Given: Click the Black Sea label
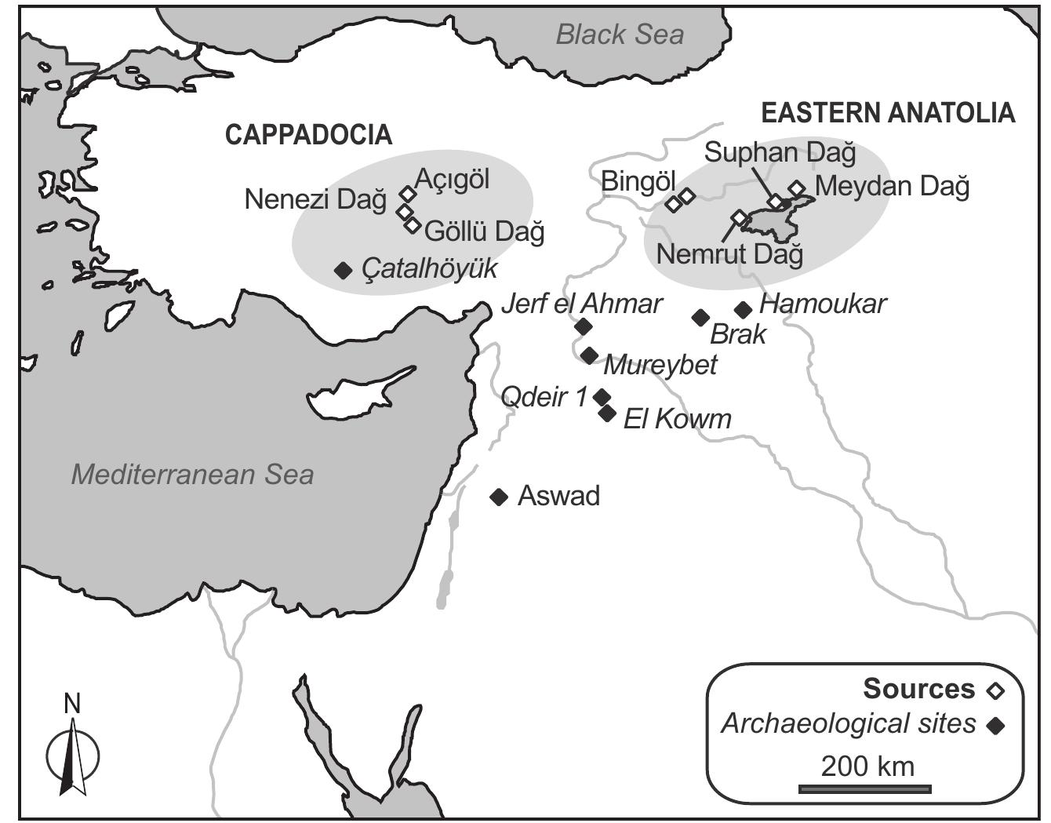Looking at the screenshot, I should (x=619, y=35).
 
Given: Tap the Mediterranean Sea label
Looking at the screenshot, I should (x=192, y=475).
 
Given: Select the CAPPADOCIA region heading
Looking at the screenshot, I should (x=308, y=135).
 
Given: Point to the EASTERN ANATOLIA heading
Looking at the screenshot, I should (x=888, y=113).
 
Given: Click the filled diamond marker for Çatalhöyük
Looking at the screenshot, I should (x=343, y=271).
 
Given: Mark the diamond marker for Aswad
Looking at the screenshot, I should (x=499, y=497).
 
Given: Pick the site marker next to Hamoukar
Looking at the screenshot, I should (x=743, y=310).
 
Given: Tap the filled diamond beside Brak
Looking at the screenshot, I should (x=700, y=318).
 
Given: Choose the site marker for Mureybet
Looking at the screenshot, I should (x=590, y=355).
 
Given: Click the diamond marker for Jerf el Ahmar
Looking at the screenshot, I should (x=583, y=326).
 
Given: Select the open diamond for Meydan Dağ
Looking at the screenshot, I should (x=797, y=188).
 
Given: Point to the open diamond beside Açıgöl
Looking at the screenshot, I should (x=406, y=193).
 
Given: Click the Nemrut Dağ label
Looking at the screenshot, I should (x=729, y=254).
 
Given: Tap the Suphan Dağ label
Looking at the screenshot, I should (x=780, y=152).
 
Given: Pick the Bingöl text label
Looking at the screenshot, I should (x=638, y=182).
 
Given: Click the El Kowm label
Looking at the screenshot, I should (x=677, y=419).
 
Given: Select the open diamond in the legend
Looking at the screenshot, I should (x=995, y=690).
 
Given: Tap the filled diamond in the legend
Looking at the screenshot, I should (x=995, y=726).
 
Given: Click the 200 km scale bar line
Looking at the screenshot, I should (x=865, y=788).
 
